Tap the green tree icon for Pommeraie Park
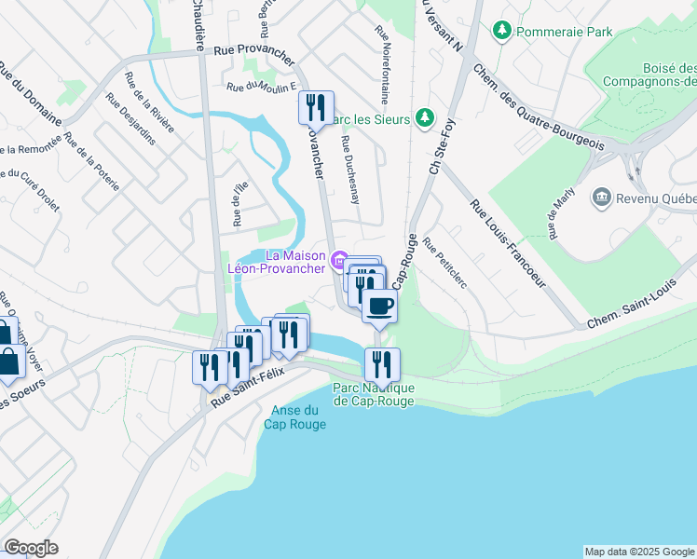tap(502, 32)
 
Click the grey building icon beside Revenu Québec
tap(601, 198)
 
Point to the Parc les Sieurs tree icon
tap(425, 117)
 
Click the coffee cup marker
tap(379, 306)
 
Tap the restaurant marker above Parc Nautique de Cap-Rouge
tap(382, 364)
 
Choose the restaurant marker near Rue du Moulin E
tap(316, 107)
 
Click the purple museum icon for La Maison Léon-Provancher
tap(340, 259)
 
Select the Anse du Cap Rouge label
tap(298, 417)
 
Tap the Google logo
tap(31, 548)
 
